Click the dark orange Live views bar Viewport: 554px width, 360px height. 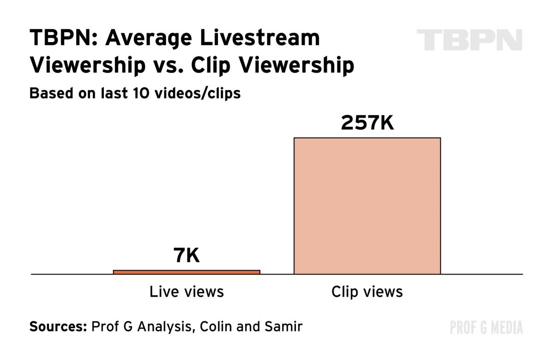coord(187,272)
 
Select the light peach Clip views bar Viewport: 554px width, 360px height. coord(367,206)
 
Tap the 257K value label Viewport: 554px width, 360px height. coord(367,123)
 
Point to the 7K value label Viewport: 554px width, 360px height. coord(187,255)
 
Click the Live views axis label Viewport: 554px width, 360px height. coord(187,292)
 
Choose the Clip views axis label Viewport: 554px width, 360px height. coord(367,292)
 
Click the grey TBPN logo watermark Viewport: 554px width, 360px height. coord(469,40)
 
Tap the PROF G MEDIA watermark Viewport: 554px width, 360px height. coord(486,328)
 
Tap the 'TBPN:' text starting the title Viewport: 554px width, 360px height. coord(63,38)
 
